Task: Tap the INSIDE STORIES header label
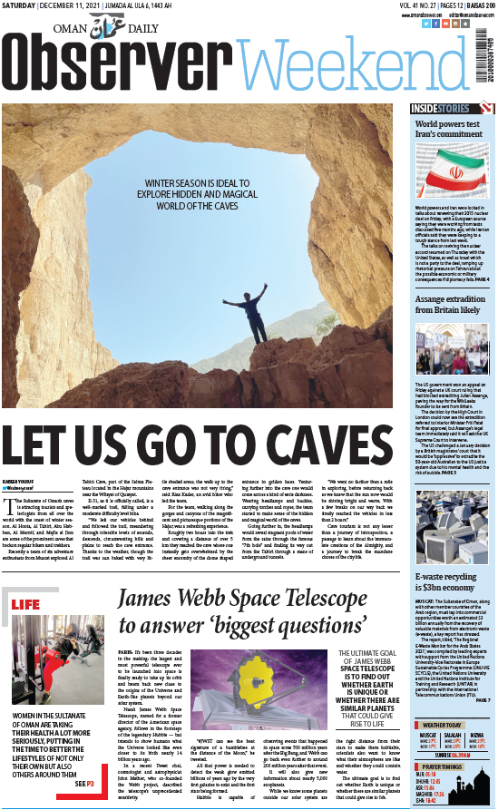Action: tap(435, 110)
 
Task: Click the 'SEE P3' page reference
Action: tap(84, 784)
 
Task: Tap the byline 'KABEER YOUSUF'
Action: tap(20, 482)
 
